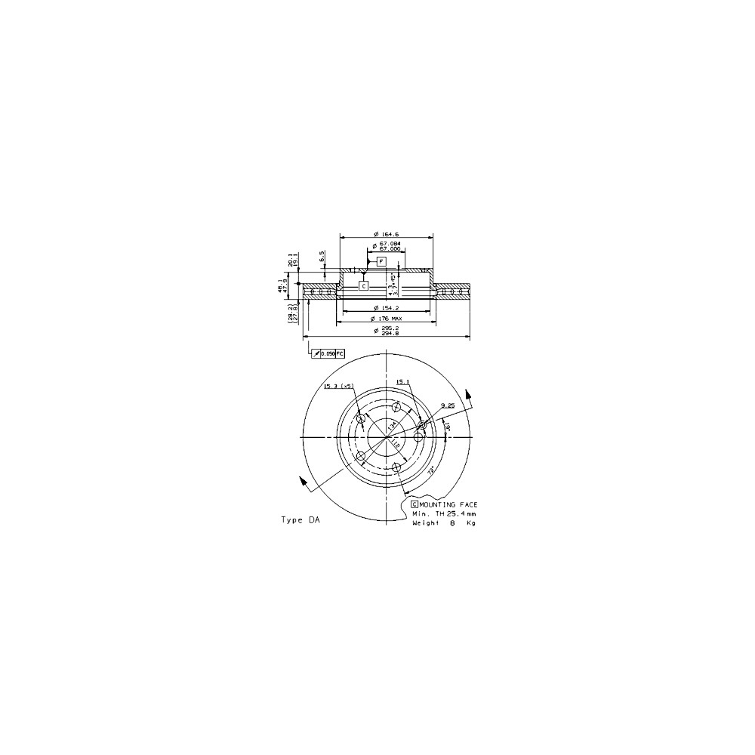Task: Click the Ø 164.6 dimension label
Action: point(386,233)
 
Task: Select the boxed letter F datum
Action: point(381,261)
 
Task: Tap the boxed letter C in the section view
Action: point(363,286)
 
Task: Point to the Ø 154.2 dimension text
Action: point(386,308)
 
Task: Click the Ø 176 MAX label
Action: point(387,319)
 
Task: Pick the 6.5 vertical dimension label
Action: point(322,257)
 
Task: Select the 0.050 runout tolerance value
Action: point(328,353)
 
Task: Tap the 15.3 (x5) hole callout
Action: point(337,386)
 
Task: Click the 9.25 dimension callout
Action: point(448,405)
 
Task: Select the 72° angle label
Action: point(431,470)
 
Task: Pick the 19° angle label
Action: point(448,428)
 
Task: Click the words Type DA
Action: point(300,520)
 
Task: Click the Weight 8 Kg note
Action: point(443,522)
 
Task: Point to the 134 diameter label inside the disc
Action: point(392,426)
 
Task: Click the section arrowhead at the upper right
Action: point(469,393)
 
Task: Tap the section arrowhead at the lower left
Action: point(301,481)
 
